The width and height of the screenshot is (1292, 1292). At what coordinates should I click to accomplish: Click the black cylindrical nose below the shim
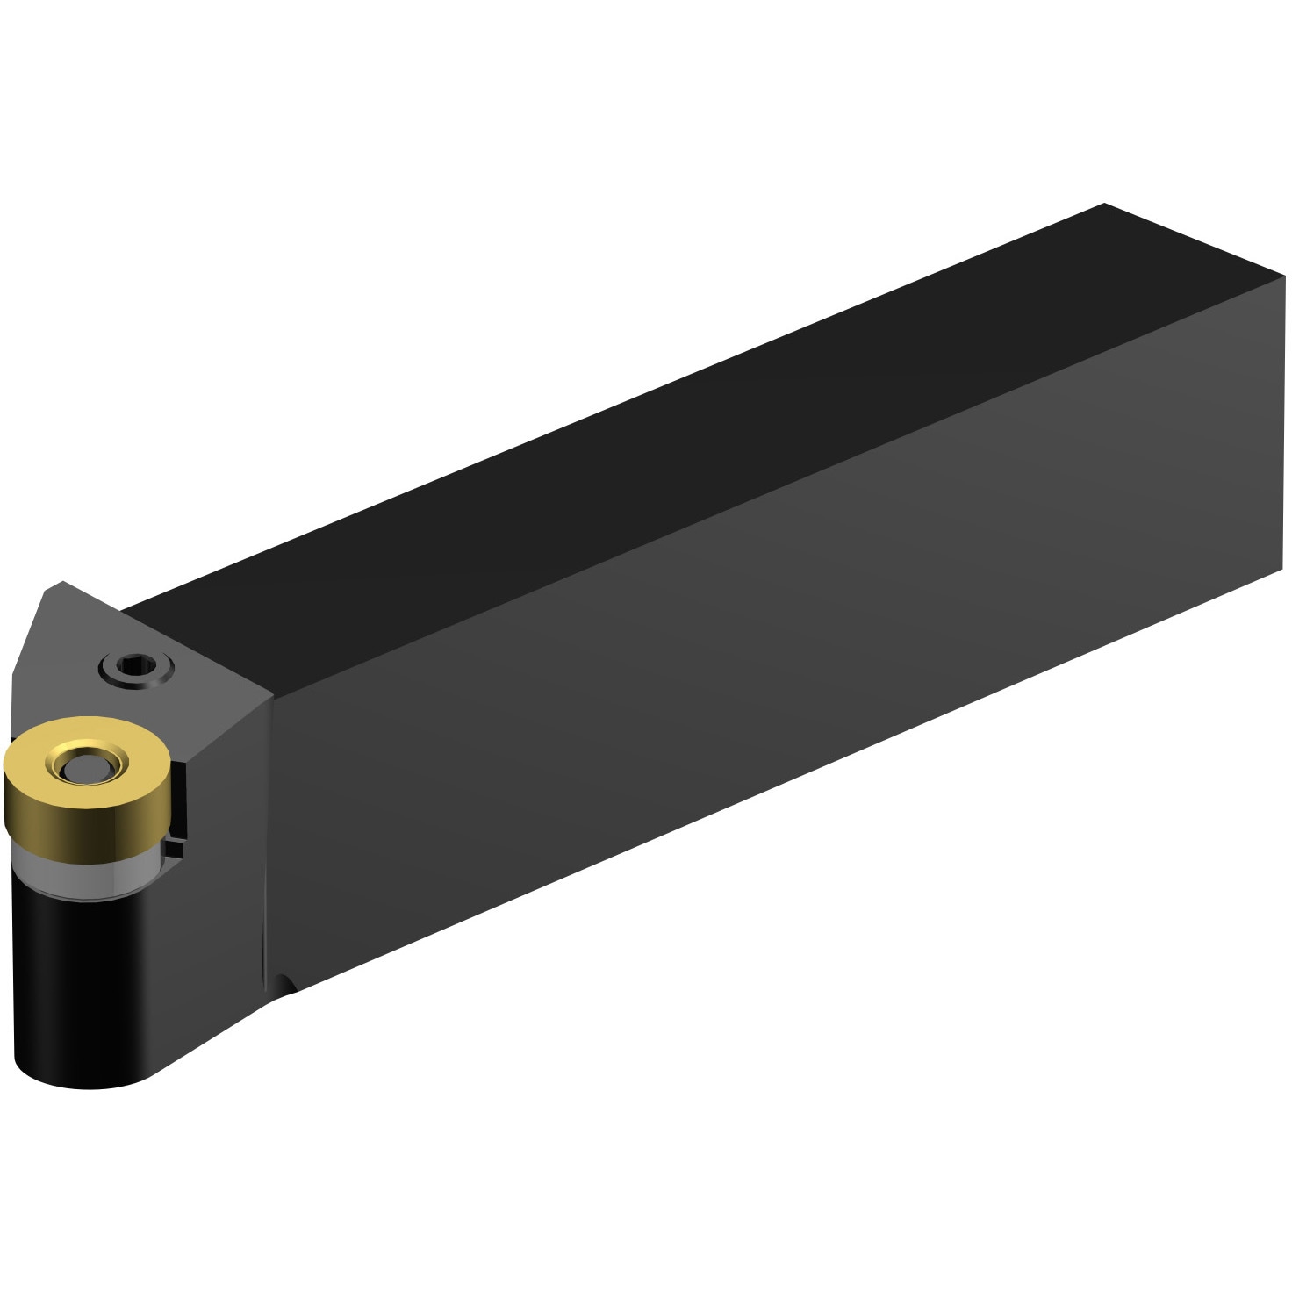(79, 974)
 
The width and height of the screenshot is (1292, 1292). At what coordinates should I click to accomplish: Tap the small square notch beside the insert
(178, 848)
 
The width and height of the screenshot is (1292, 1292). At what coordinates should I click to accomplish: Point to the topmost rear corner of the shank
(1104, 205)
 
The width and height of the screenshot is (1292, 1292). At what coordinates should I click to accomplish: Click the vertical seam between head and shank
(267, 834)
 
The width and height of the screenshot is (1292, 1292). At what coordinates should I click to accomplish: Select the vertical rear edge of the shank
(1282, 421)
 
